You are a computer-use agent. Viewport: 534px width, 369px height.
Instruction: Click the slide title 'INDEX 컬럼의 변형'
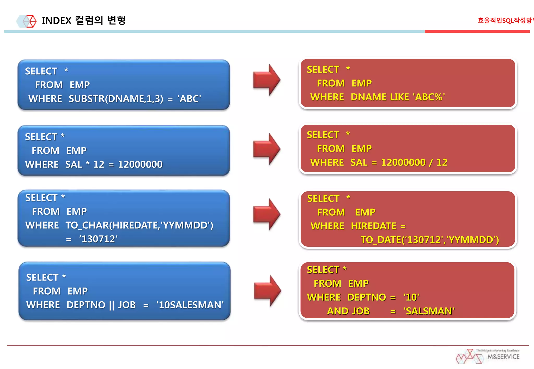[x=84, y=20]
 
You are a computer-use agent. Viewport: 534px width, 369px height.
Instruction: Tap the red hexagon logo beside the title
[x=29, y=21]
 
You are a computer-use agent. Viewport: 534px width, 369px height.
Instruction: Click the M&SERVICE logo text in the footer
[x=503, y=357]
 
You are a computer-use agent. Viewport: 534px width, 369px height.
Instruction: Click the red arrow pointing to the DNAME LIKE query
[x=267, y=80]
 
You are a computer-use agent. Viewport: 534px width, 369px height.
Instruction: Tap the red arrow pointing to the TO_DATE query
[x=267, y=214]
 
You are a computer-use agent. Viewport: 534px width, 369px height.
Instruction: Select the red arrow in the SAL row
[x=267, y=149]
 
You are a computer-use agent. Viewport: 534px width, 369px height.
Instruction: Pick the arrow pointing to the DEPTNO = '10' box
[x=268, y=291]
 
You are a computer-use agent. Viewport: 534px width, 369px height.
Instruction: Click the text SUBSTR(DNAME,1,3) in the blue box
[x=116, y=99]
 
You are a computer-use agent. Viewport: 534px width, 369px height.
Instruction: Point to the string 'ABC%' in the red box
[x=429, y=97]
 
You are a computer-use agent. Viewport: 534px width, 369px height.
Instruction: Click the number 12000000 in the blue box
[x=140, y=164]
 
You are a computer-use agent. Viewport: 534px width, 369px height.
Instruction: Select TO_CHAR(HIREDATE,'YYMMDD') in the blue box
[x=139, y=225]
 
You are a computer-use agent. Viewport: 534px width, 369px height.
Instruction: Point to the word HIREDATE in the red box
[x=373, y=226]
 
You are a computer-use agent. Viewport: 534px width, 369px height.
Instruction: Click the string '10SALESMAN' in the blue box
[x=190, y=305]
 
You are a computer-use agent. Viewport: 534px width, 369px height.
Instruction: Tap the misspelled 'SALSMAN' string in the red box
[x=429, y=311]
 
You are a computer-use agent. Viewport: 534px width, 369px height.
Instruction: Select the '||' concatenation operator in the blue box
[x=112, y=305]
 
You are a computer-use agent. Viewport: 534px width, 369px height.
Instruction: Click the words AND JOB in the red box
[x=348, y=311]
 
